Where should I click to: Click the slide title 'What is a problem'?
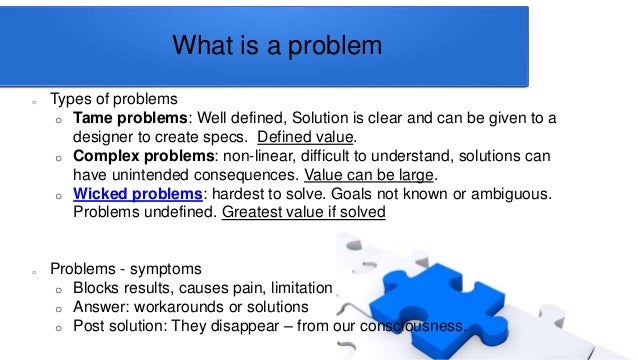pos(277,46)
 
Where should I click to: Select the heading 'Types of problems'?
pos(114,100)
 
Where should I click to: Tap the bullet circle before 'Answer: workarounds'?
pos(58,308)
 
